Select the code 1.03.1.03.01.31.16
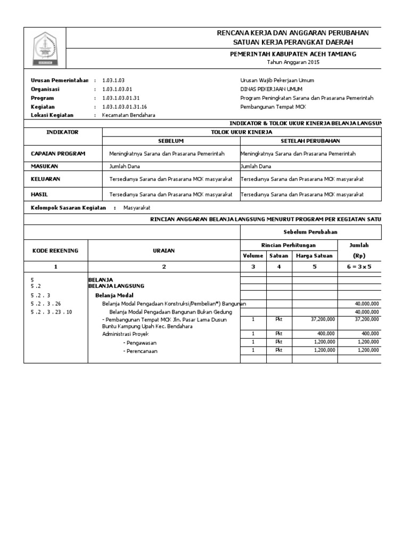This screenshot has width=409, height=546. point(124,107)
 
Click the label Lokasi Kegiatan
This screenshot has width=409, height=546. point(52,115)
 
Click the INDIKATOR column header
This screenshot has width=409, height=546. point(62,132)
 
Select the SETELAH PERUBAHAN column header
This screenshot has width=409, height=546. point(310,141)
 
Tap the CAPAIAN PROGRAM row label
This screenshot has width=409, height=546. point(58,154)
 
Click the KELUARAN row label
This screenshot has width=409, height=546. point(46,180)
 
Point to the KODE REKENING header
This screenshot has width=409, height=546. point(55,251)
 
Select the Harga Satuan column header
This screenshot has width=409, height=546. point(314,256)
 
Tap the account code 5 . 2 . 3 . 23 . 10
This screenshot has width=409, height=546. point(51,311)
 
